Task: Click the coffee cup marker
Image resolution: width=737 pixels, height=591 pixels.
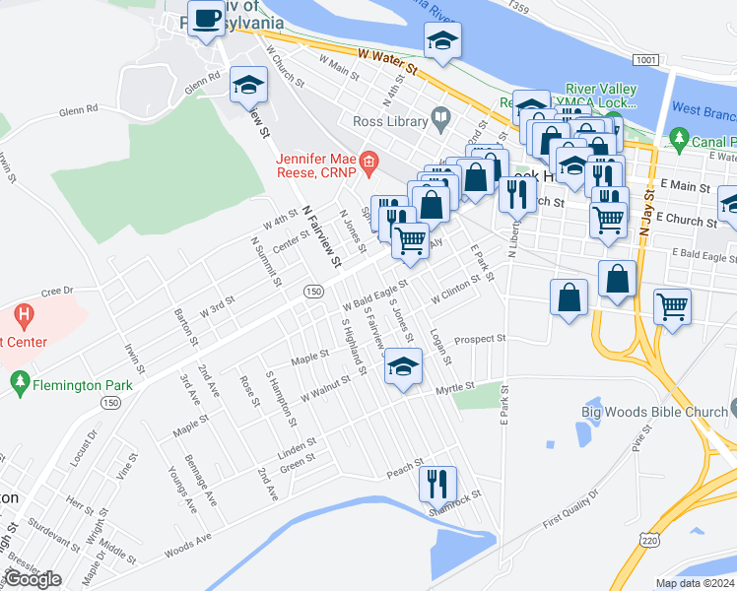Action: pyautogui.click(x=208, y=20)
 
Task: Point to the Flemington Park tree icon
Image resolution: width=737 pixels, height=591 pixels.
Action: pyautogui.click(x=19, y=382)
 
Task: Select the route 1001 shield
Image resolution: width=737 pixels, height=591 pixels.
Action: pyautogui.click(x=645, y=60)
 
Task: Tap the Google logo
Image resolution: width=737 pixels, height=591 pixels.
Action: pyautogui.click(x=33, y=579)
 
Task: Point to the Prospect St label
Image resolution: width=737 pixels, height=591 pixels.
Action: pyautogui.click(x=479, y=339)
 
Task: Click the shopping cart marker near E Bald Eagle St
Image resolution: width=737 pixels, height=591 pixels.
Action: pyautogui.click(x=672, y=306)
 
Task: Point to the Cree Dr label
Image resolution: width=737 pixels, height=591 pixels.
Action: pyautogui.click(x=57, y=292)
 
